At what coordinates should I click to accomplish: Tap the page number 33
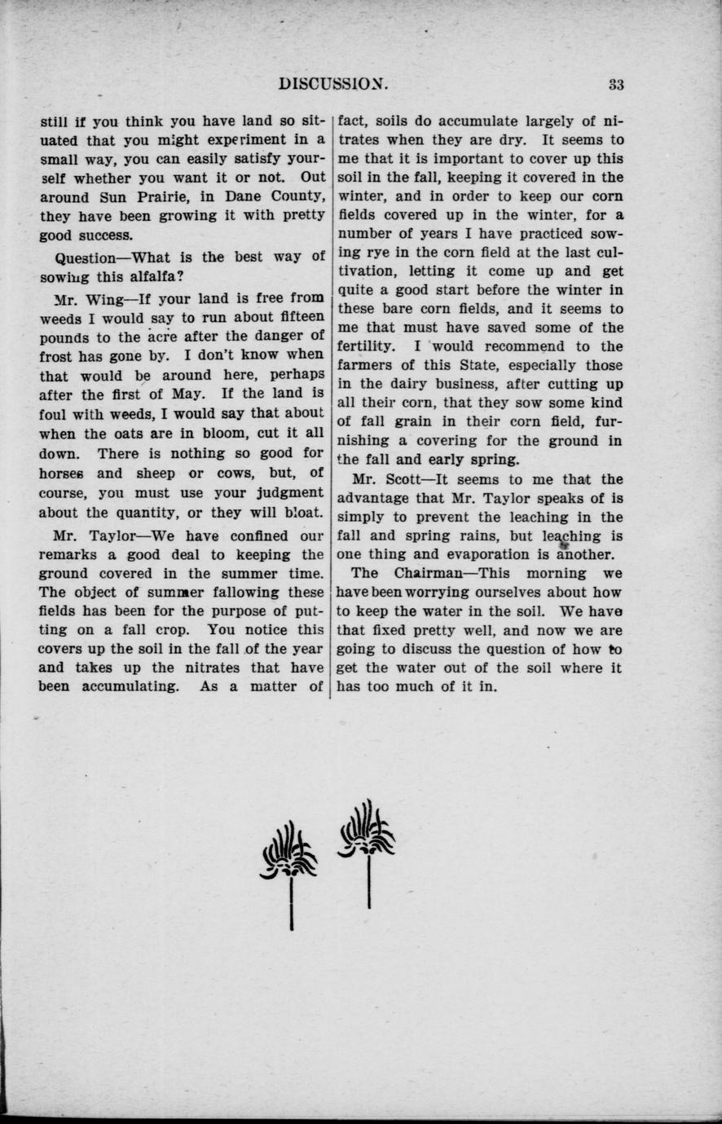(616, 84)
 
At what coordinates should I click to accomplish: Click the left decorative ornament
(290, 872)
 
